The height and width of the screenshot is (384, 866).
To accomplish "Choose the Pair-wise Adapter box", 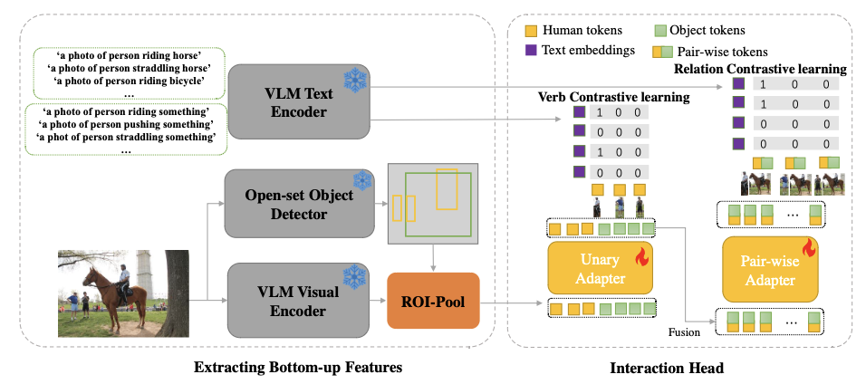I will point(769,269).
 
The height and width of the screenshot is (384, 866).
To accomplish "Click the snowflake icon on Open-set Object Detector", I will point(361,181).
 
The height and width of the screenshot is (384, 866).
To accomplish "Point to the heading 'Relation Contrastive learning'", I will point(760,69).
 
